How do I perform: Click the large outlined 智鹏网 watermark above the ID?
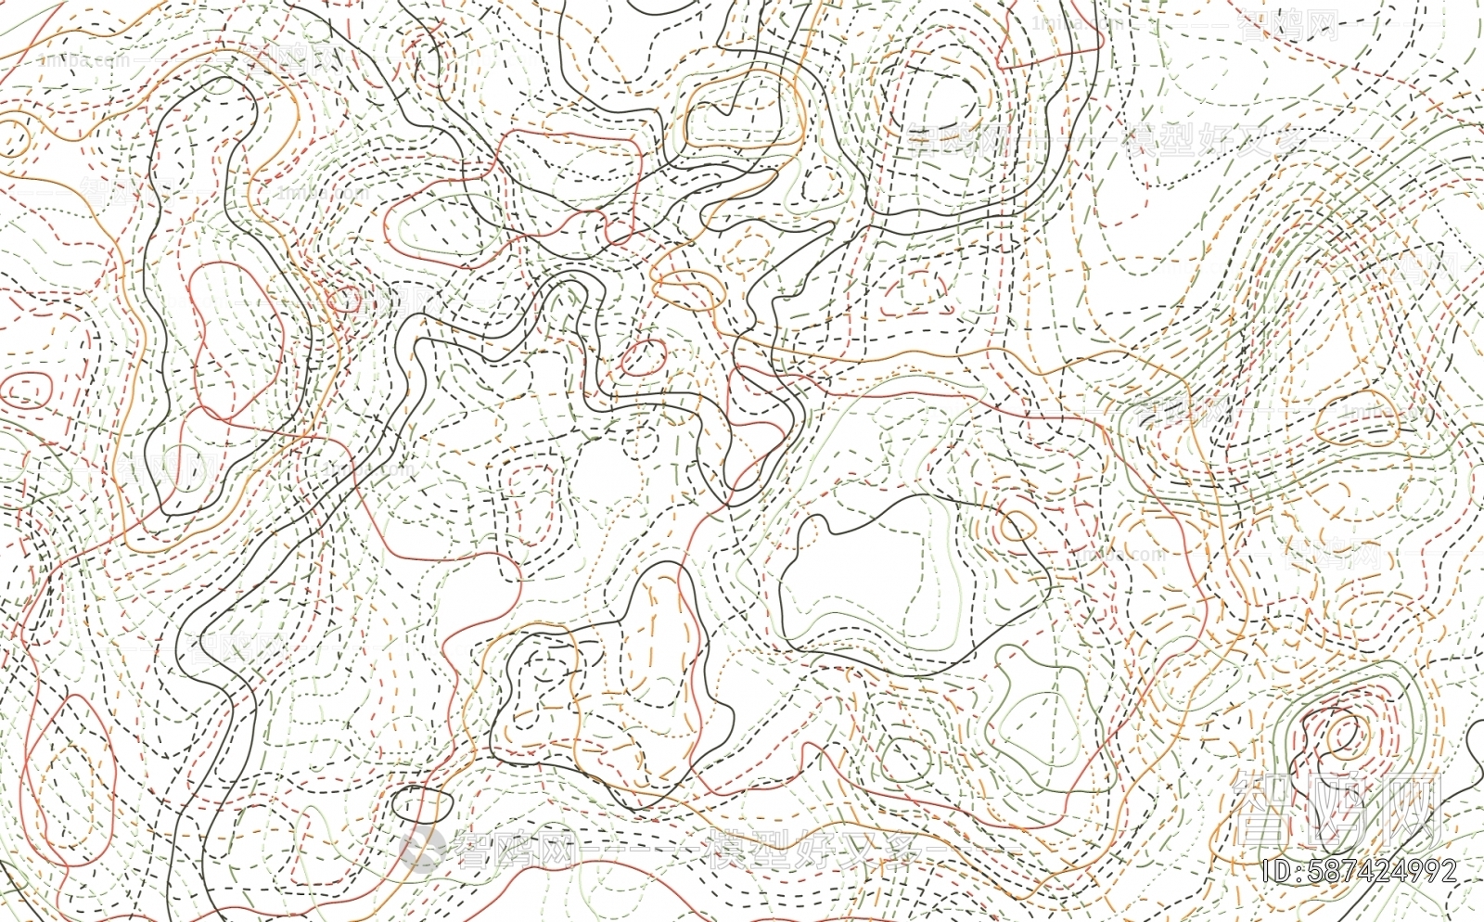[x=1335, y=807]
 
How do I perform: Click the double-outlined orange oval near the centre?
[x=687, y=290]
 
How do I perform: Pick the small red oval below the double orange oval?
[x=643, y=356]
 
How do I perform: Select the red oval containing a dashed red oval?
[x=26, y=390]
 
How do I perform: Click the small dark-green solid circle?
[x=905, y=759]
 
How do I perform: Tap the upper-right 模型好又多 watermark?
[x=1210, y=141]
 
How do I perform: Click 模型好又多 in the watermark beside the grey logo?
[x=798, y=850]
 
